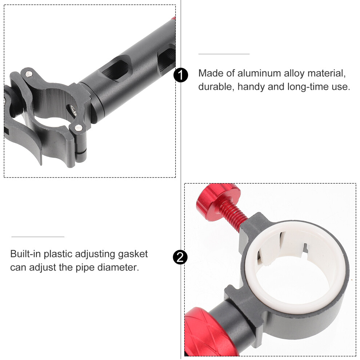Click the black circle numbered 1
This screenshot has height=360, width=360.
click(181, 75)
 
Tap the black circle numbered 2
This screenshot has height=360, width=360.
click(180, 257)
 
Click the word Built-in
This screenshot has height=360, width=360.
click(25, 254)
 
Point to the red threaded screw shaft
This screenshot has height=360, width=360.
click(232, 215)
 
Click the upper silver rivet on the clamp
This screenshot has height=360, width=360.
click(29, 74)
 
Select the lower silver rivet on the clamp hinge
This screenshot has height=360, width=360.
click(79, 127)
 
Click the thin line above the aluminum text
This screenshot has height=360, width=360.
click(224, 54)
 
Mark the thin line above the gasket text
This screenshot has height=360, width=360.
click(38, 236)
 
